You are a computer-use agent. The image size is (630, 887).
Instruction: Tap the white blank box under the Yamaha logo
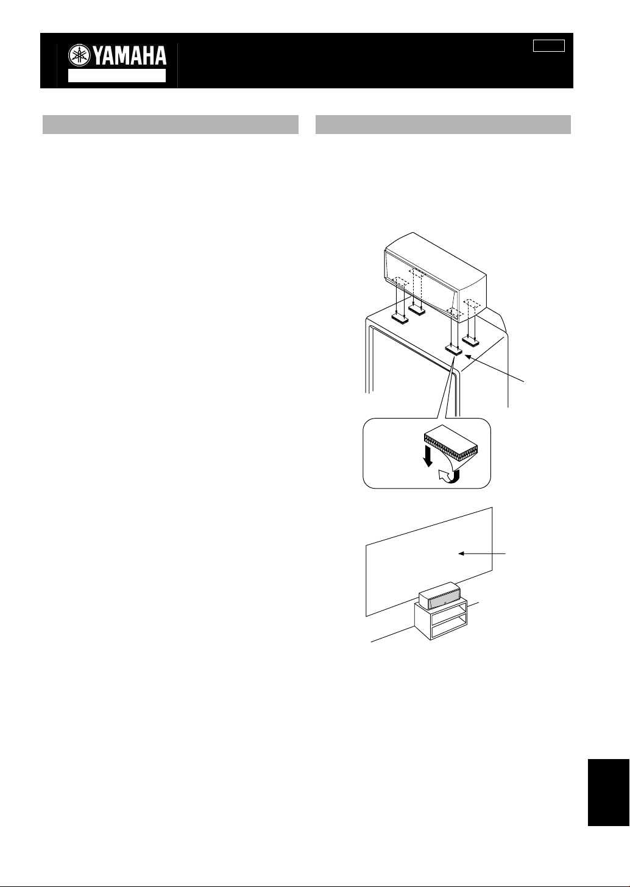[x=117, y=76]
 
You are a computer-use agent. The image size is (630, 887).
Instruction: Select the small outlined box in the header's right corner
[x=548, y=46]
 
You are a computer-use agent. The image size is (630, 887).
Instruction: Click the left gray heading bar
[x=170, y=125]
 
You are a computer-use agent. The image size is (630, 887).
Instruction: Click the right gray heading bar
[x=443, y=125]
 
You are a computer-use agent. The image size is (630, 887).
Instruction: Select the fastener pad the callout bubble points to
[x=454, y=349]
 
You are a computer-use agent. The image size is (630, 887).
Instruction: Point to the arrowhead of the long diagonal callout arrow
[x=467, y=356]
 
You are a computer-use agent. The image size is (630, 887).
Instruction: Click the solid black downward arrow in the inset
[x=428, y=456]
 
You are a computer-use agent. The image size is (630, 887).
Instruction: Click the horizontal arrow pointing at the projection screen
[x=482, y=554]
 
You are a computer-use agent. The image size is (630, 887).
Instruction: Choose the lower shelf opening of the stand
[x=449, y=631]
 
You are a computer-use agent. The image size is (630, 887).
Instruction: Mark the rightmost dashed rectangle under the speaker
[x=472, y=304]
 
